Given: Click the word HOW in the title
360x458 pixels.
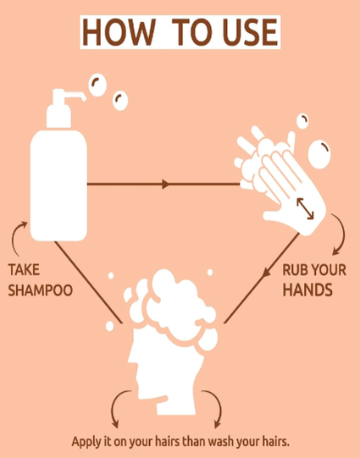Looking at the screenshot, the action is click(119, 32).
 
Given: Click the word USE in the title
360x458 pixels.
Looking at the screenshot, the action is click(250, 32).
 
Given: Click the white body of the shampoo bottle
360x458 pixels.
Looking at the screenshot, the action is click(58, 185).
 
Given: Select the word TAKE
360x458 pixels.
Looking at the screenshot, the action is click(24, 269).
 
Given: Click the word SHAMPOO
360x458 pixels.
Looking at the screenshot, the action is click(41, 290).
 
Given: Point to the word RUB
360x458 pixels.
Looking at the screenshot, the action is click(295, 270).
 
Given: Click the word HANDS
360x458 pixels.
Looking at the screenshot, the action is click(307, 290).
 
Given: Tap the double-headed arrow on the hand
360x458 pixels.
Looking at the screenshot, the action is click(305, 208).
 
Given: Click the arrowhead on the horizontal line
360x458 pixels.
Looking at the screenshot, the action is click(166, 185).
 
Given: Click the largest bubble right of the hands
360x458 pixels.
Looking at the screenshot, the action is click(319, 155).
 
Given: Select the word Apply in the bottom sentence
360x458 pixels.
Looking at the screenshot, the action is click(86, 442).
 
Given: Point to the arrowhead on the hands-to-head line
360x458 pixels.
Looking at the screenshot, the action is click(266, 273).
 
